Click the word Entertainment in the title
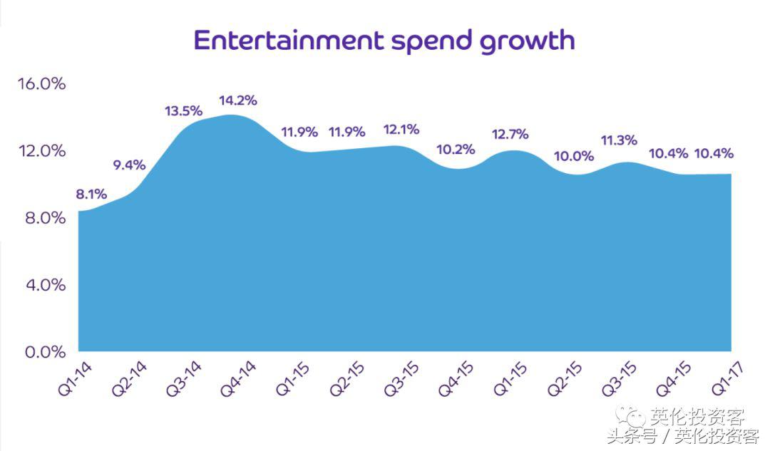point(287,40)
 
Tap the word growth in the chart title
point(527,41)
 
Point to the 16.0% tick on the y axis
point(41,83)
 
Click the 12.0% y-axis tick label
point(41,150)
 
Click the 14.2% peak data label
point(239,100)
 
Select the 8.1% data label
point(92,194)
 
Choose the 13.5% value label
point(183,111)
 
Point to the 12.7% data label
point(510,133)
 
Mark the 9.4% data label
point(129,165)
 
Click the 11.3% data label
point(619,140)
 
